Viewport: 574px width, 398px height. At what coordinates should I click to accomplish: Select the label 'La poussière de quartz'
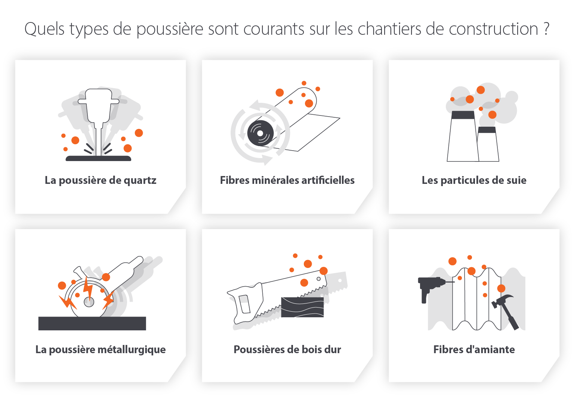click(x=101, y=180)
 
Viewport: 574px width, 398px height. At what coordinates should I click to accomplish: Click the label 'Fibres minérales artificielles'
click(x=287, y=180)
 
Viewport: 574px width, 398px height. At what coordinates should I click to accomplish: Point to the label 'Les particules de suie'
click(x=474, y=180)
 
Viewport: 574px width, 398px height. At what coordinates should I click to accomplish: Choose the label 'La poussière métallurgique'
click(x=101, y=349)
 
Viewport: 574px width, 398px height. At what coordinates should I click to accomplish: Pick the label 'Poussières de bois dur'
click(x=287, y=349)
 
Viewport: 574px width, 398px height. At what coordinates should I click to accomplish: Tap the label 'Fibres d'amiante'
click(x=474, y=349)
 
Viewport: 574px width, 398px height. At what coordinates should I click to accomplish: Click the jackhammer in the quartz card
click(x=98, y=108)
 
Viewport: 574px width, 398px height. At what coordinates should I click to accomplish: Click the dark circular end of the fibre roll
click(x=260, y=133)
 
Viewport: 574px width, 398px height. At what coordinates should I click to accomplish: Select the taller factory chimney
click(x=463, y=138)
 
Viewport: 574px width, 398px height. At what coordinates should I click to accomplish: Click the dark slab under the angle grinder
click(x=92, y=323)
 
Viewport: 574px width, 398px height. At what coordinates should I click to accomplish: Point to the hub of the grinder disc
click(x=89, y=302)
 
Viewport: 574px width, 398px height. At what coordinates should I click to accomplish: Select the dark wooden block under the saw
click(x=302, y=307)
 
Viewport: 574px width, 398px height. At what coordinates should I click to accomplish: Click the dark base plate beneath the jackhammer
click(x=98, y=158)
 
